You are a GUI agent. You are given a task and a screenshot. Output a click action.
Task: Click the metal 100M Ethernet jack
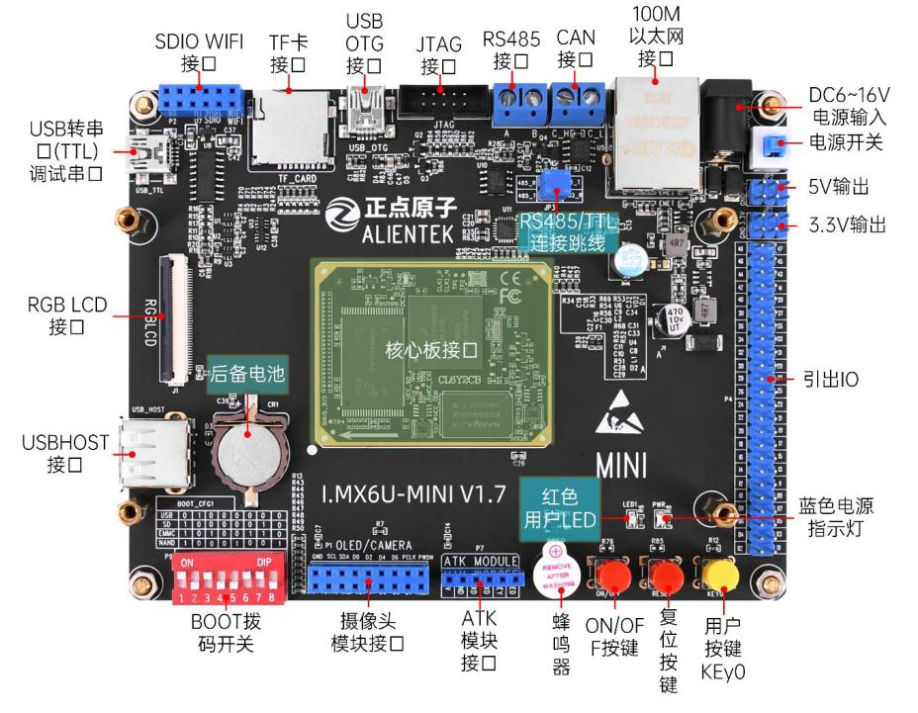[x=653, y=132]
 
